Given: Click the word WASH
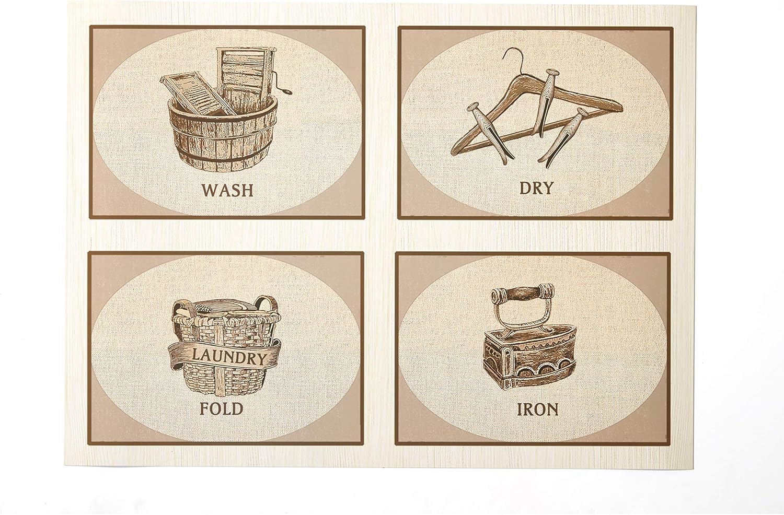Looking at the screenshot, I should pyautogui.click(x=227, y=190).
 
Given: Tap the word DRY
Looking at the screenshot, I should pyautogui.click(x=536, y=188).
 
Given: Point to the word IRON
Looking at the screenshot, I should pyautogui.click(x=537, y=408).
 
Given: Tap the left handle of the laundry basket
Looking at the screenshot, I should pyautogui.click(x=176, y=309).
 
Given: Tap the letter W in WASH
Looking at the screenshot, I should pyautogui.click(x=209, y=190).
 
